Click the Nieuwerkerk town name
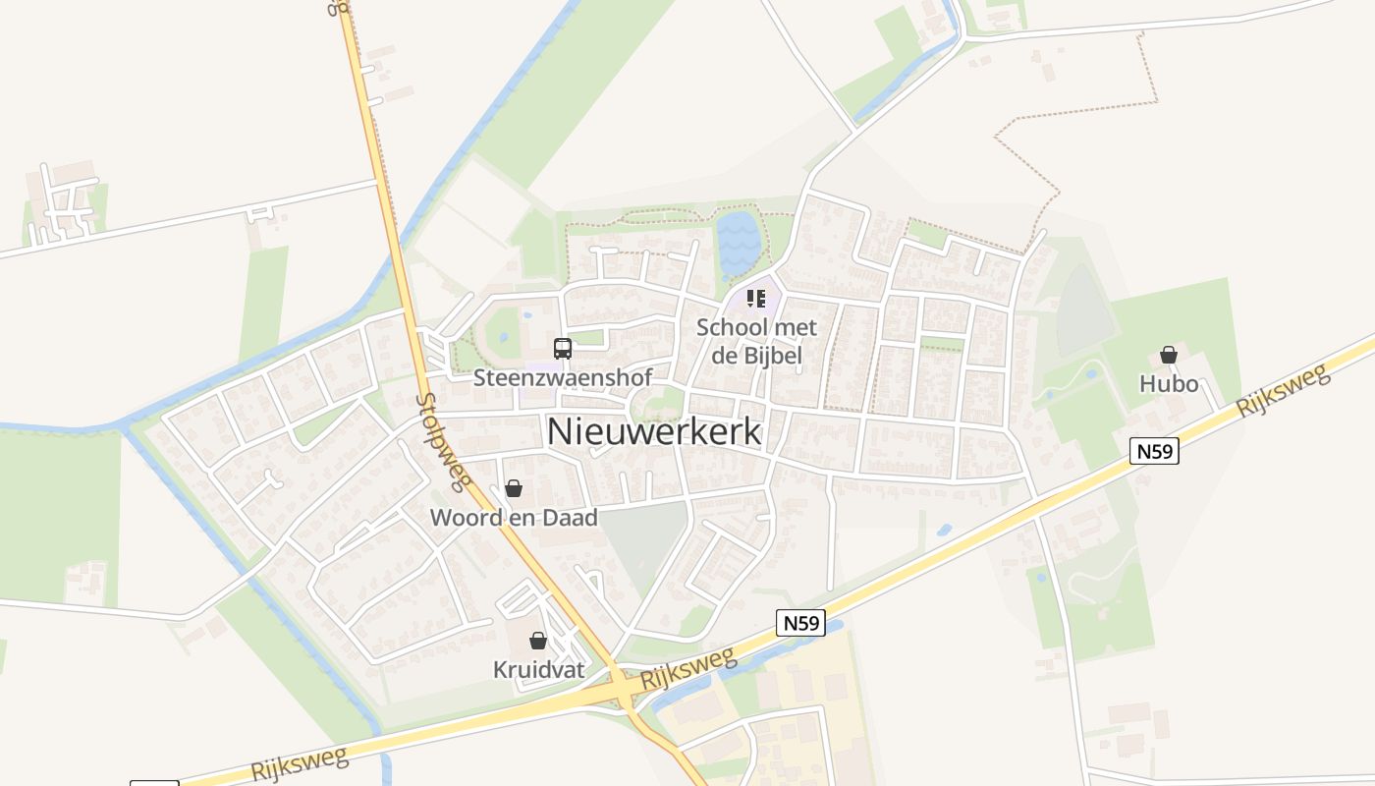click(654, 431)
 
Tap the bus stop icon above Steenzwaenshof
click(563, 348)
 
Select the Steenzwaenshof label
click(563, 378)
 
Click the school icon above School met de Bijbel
click(755, 298)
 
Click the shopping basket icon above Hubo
click(1169, 355)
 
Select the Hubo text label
click(1169, 383)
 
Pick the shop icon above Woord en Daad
click(514, 488)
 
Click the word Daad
click(570, 518)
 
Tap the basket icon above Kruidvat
click(538, 642)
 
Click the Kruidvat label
click(538, 670)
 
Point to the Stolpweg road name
click(443, 441)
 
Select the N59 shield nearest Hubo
click(1154, 451)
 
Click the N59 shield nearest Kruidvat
click(800, 622)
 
